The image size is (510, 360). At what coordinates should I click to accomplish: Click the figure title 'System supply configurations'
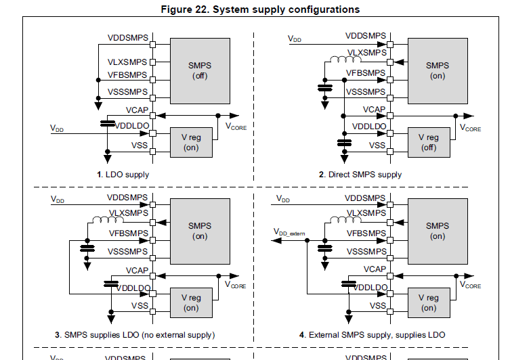point(259,9)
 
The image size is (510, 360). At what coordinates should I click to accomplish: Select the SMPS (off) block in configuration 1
point(199,70)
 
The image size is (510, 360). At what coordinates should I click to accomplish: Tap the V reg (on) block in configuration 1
point(191,142)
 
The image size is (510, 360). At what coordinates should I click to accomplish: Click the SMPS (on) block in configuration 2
point(438,70)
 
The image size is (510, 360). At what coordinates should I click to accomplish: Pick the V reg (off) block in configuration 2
point(429,142)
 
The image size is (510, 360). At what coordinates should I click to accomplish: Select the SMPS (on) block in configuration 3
point(199,231)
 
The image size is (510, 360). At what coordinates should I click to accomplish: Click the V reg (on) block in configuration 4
point(429,302)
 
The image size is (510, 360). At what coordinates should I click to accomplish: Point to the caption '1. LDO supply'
point(123,175)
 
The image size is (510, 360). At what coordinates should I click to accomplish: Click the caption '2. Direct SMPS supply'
point(360,175)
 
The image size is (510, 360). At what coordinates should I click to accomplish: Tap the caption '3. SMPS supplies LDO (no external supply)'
point(135,335)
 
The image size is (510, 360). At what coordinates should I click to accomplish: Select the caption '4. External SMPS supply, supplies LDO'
point(372,335)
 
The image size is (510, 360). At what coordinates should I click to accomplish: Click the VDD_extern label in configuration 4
point(289,233)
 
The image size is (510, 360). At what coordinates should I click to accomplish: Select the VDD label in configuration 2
point(295,39)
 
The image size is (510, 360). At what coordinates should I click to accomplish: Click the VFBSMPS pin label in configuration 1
point(127,75)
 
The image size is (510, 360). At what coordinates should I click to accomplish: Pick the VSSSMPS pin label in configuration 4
point(365,252)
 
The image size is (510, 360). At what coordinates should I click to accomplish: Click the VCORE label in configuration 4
point(471,286)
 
